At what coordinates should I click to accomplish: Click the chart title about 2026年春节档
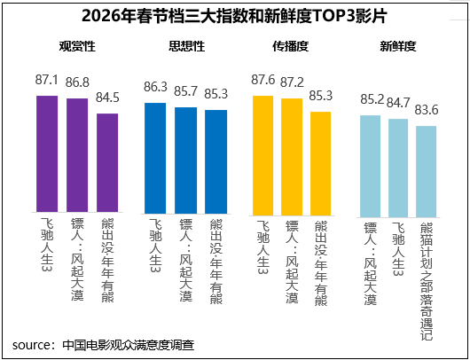234,17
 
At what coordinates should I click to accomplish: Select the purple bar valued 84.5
107,165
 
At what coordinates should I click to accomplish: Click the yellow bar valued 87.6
263,155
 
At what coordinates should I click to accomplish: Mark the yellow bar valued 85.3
320,164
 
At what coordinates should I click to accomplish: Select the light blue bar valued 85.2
371,166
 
